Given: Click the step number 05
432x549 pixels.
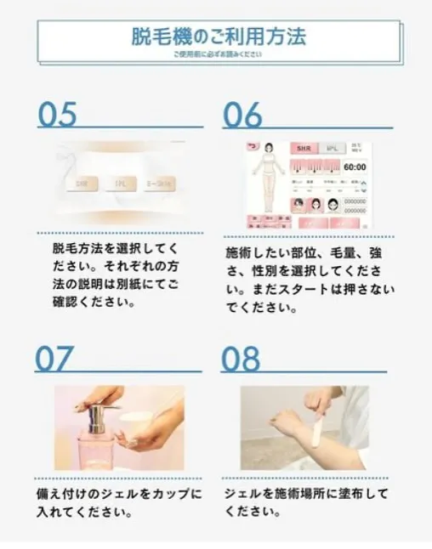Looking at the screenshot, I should [x=58, y=114].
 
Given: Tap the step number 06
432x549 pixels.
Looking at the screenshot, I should [x=242, y=114].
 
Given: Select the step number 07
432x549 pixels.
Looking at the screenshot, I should [x=55, y=359].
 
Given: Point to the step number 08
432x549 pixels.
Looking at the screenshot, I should [x=241, y=359].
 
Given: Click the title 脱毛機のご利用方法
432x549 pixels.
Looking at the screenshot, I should [x=219, y=37].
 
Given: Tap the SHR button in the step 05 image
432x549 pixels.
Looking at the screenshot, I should [x=82, y=183].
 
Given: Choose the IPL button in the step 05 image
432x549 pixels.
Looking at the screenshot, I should [x=121, y=183].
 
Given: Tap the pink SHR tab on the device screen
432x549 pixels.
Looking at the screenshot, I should [x=304, y=147].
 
